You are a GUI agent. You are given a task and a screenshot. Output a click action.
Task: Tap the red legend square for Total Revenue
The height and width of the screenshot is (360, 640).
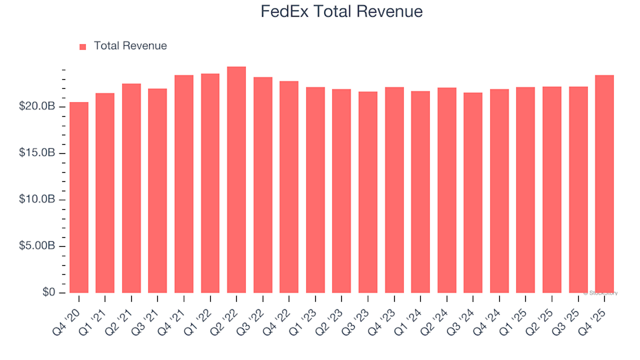tap(83, 47)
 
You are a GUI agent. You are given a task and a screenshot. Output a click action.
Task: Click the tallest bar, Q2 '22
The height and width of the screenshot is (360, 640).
tap(237, 180)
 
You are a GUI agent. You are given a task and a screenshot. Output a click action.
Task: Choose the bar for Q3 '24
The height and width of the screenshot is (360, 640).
tap(473, 193)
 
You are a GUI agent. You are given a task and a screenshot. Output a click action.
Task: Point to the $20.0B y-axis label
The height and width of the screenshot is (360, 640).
tap(37, 107)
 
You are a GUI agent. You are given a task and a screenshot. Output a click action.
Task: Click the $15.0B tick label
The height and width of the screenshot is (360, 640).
tap(37, 153)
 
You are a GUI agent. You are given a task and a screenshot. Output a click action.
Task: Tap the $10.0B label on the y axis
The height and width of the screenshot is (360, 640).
tap(37, 200)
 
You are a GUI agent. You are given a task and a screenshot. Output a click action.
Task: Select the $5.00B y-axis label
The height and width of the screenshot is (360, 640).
tap(37, 247)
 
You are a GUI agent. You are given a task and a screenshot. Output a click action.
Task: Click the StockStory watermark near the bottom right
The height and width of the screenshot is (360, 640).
tap(601, 293)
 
